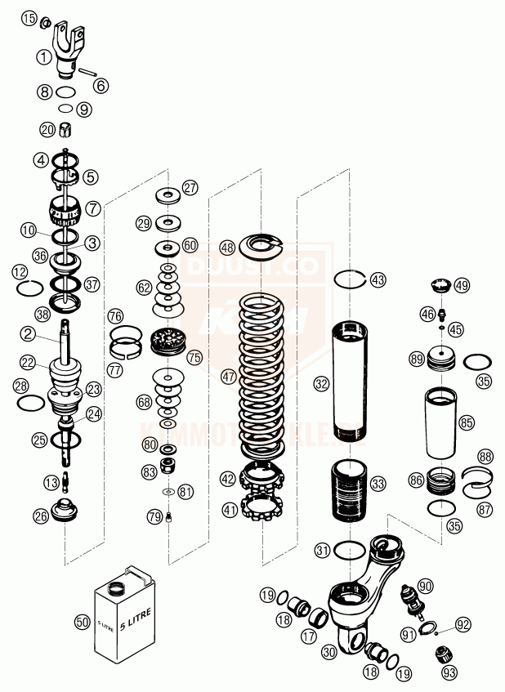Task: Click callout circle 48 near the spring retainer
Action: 227,247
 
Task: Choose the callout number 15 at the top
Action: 29,19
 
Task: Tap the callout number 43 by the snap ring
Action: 377,279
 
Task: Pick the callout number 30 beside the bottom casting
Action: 329,651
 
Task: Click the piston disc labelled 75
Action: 170,342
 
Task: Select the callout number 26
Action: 41,516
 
